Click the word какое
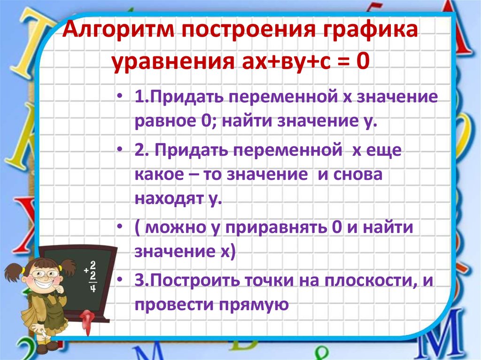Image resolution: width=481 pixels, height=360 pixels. [x=157, y=174]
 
